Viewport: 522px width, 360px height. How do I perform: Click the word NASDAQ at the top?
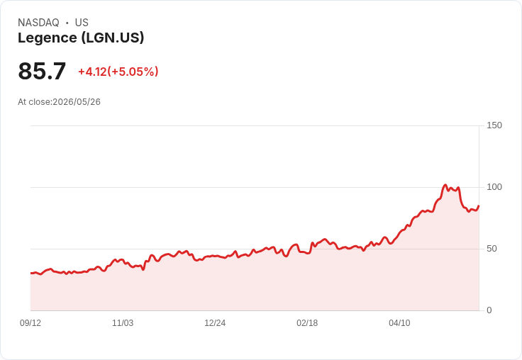(x=38, y=23)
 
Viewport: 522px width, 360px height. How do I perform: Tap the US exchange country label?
(x=82, y=23)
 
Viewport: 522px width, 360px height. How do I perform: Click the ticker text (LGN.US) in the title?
(x=113, y=38)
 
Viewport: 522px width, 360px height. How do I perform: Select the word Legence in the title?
(x=48, y=38)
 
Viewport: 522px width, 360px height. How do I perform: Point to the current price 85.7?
(x=42, y=71)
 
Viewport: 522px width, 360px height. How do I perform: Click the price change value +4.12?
(x=92, y=72)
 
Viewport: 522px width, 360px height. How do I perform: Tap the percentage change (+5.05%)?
(x=133, y=72)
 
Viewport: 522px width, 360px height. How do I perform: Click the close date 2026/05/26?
(x=77, y=102)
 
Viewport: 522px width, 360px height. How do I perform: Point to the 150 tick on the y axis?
(x=494, y=125)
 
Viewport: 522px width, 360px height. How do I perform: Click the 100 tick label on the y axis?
(x=494, y=187)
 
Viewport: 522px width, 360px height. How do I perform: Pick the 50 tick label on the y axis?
(x=492, y=249)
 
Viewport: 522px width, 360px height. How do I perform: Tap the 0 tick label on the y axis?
(x=489, y=310)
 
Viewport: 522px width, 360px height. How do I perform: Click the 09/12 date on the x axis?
(x=30, y=322)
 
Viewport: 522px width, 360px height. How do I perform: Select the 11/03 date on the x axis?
(x=123, y=322)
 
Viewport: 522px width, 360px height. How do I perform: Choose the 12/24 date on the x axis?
(x=215, y=322)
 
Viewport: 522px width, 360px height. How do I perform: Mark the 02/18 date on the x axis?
(x=307, y=322)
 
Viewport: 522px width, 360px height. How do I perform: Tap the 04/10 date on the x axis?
(x=399, y=322)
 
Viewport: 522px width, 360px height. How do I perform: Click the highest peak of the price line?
(x=445, y=185)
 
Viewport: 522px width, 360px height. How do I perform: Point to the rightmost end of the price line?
(x=479, y=206)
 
